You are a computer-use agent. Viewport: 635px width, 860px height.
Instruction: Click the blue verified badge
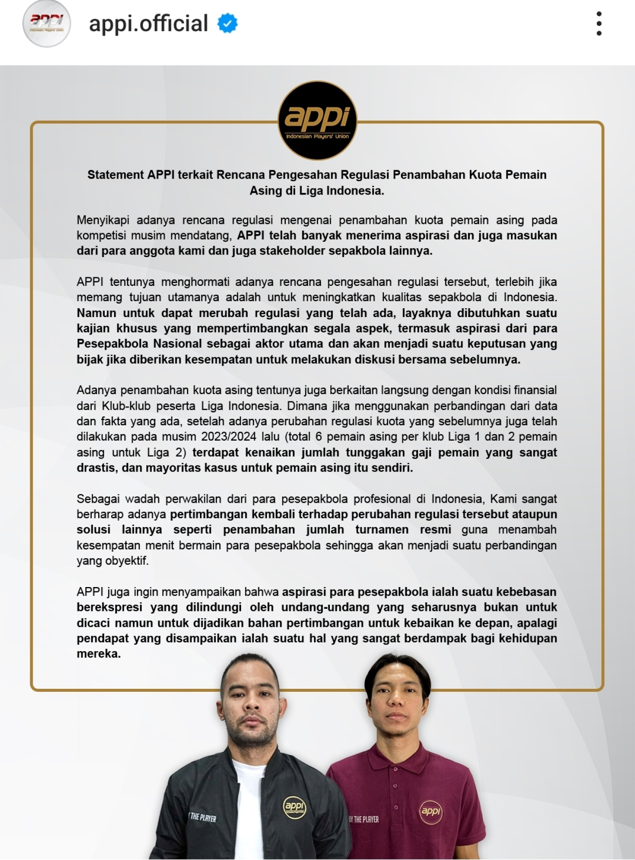228,24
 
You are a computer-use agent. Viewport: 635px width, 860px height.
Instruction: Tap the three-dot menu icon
599,24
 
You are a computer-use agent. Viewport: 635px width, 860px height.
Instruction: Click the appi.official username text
148,24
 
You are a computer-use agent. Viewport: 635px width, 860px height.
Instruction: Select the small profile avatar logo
47,23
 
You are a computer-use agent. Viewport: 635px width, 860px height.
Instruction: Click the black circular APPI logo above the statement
317,121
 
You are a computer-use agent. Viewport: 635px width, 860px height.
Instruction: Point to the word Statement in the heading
116,175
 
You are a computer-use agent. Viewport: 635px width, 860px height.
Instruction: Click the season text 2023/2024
229,437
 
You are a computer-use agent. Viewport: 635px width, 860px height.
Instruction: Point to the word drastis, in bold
97,468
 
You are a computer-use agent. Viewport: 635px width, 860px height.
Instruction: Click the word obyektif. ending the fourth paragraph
127,561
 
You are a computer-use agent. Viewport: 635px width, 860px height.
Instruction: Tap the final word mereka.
99,654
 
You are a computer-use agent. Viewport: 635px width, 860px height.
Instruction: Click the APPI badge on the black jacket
294,806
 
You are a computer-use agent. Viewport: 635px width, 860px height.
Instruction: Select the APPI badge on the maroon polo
430,811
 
